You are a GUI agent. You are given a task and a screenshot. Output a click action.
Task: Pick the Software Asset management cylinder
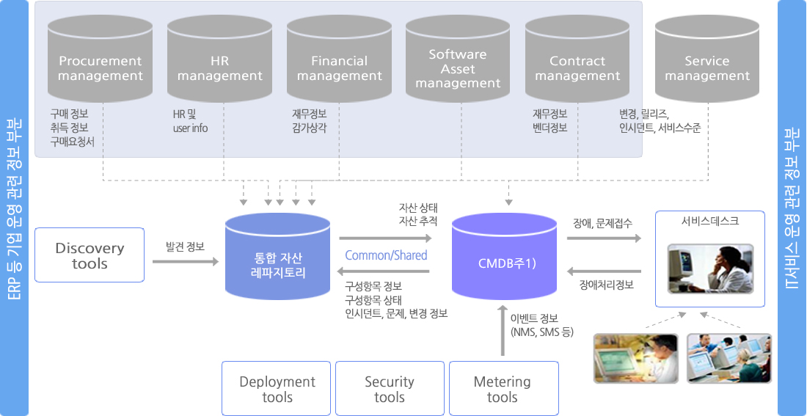point(458,62)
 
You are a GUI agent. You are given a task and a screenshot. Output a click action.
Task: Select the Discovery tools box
point(90,255)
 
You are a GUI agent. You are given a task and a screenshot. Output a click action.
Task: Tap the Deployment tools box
point(277,389)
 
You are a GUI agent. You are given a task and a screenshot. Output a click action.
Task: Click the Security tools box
point(390,389)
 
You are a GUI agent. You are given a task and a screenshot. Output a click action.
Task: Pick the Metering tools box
point(503,389)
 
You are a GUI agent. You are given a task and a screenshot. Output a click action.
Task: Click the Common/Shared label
point(386,255)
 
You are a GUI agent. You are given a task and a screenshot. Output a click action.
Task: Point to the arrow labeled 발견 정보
point(185,260)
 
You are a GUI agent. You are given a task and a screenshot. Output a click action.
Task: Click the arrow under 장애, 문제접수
point(604,238)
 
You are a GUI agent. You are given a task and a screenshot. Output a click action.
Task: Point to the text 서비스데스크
point(709,221)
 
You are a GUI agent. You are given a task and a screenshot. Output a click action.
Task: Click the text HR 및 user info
point(190,121)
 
